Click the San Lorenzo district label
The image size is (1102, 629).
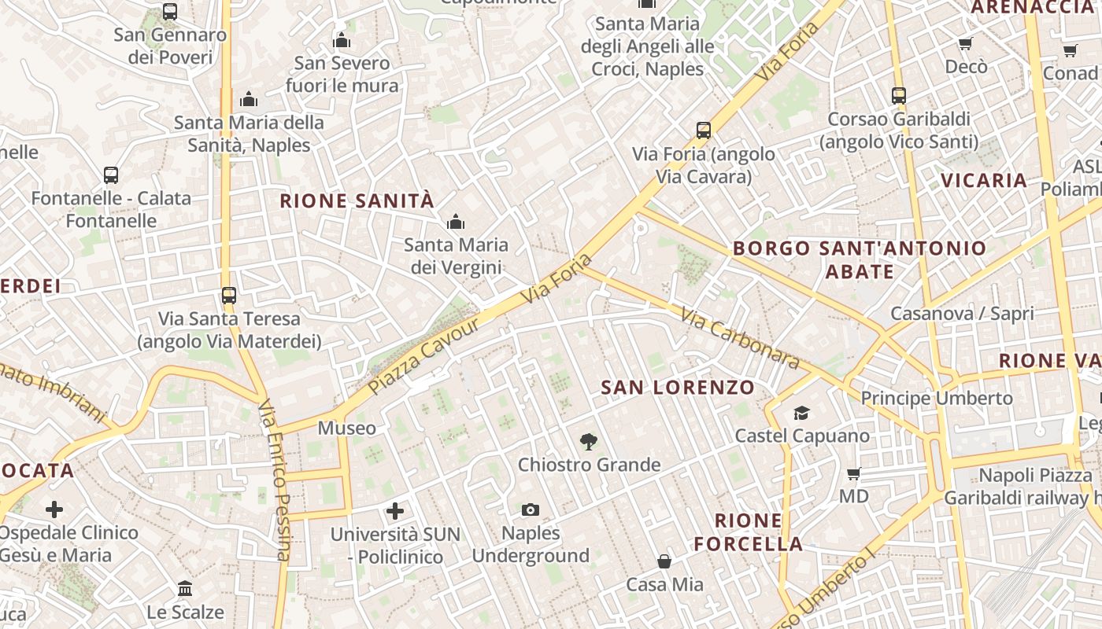[678, 387]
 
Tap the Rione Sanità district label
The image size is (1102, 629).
[357, 200]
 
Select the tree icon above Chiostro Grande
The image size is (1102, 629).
[587, 442]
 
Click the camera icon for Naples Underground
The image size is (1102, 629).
[531, 510]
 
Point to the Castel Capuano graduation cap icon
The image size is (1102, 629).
[801, 413]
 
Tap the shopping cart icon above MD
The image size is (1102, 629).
[853, 474]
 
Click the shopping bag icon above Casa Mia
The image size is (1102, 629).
[664, 561]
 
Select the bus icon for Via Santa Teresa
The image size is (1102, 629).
[228, 296]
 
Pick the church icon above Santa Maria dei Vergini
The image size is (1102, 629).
[455, 223]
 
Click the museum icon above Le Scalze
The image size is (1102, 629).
[185, 588]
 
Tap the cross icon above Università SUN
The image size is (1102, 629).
[395, 512]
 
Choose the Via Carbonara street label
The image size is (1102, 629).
[740, 339]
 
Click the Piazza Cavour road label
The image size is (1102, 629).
[424, 355]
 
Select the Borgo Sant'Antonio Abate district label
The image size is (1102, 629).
[859, 260]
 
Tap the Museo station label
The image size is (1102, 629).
[346, 429]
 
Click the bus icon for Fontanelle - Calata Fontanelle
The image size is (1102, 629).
[111, 175]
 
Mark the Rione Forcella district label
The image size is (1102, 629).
[748, 532]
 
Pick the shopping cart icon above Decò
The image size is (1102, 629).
[965, 44]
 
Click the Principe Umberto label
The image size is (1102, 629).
[937, 398]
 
